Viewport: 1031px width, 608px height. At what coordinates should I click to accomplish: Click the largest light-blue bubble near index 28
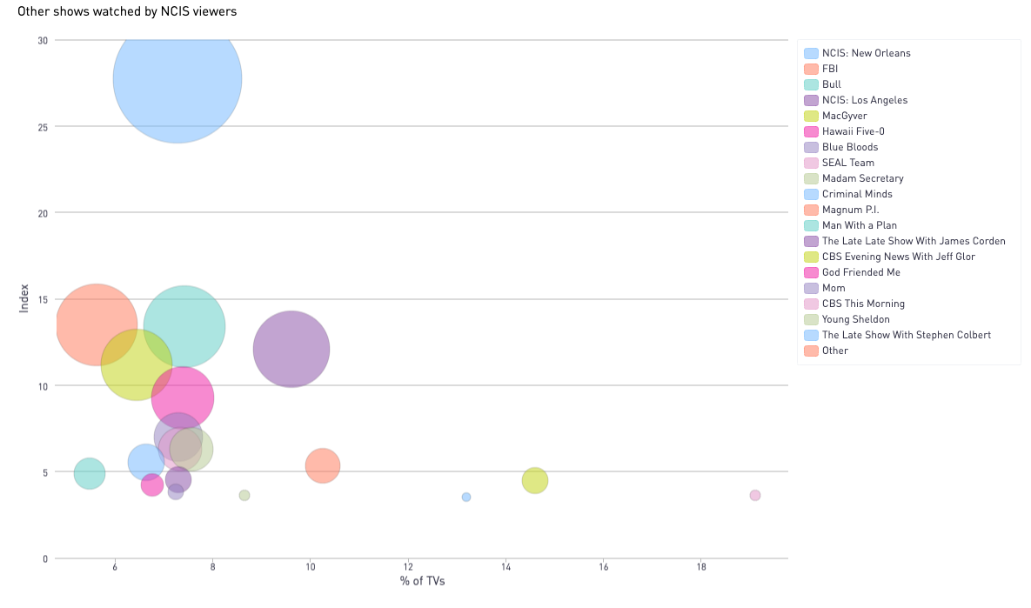[177, 78]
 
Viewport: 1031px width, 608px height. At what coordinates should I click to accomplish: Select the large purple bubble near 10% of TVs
[291, 349]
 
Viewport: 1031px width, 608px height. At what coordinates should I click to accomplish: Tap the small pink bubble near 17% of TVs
[754, 495]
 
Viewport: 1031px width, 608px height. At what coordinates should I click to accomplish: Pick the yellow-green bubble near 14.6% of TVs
[535, 480]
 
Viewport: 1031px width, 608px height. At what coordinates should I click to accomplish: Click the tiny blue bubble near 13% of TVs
[466, 497]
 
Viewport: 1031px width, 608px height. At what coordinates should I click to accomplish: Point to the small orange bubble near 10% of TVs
[323, 465]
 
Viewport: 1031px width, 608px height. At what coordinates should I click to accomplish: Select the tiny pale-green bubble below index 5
[244, 495]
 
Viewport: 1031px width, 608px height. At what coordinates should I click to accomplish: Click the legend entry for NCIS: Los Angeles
[865, 100]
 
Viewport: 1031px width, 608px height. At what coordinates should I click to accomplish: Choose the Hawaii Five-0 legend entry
[854, 131]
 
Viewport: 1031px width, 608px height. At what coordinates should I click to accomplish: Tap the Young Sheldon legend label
[855, 319]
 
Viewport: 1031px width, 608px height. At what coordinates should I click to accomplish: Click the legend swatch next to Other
[811, 351]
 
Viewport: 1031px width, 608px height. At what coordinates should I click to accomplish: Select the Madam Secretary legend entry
[862, 178]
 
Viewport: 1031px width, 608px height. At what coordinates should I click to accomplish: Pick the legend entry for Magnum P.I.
[851, 210]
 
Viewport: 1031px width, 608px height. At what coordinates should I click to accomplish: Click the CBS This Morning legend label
[863, 304]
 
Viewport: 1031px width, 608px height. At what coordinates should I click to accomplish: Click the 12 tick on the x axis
[408, 566]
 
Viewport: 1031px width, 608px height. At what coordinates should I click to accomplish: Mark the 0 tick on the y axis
[45, 558]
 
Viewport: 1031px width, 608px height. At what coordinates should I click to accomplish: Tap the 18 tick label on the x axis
[701, 566]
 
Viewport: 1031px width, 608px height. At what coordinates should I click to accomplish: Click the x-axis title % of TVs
[422, 581]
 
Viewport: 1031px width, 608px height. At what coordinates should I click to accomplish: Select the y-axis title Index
[24, 298]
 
